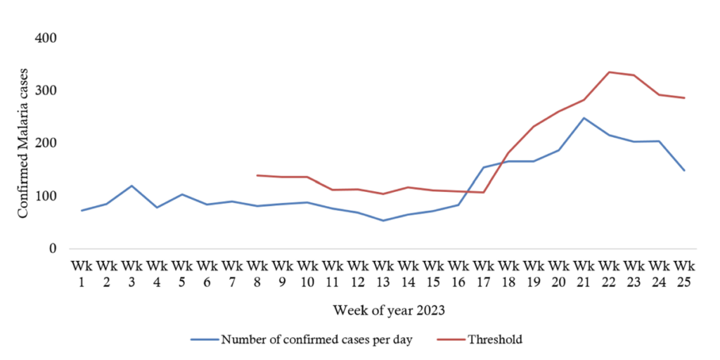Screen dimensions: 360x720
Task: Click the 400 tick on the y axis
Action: pyautogui.click(x=46, y=37)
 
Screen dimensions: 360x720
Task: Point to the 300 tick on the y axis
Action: pyautogui.click(x=46, y=91)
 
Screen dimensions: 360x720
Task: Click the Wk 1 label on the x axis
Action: pyautogui.click(x=81, y=274)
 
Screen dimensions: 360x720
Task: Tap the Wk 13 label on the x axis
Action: pyautogui.click(x=382, y=274)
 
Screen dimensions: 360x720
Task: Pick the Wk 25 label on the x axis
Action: pyautogui.click(x=684, y=274)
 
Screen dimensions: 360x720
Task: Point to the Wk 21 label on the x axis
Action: pyautogui.click(x=584, y=274)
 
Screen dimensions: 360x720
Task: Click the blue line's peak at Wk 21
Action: pyautogui.click(x=584, y=118)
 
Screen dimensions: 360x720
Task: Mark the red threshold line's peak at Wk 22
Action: pyautogui.click(x=609, y=72)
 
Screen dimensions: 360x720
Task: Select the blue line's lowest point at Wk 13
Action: pyautogui.click(x=382, y=221)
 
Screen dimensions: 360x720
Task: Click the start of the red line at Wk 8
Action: pyautogui.click(x=257, y=175)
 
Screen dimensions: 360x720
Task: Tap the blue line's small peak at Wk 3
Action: pyautogui.click(x=131, y=186)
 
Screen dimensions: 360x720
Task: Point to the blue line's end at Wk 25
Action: pyautogui.click(x=684, y=170)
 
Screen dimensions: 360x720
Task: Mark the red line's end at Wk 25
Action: pyautogui.click(x=684, y=98)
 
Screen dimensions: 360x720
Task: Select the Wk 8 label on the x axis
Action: pyautogui.click(x=257, y=274)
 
